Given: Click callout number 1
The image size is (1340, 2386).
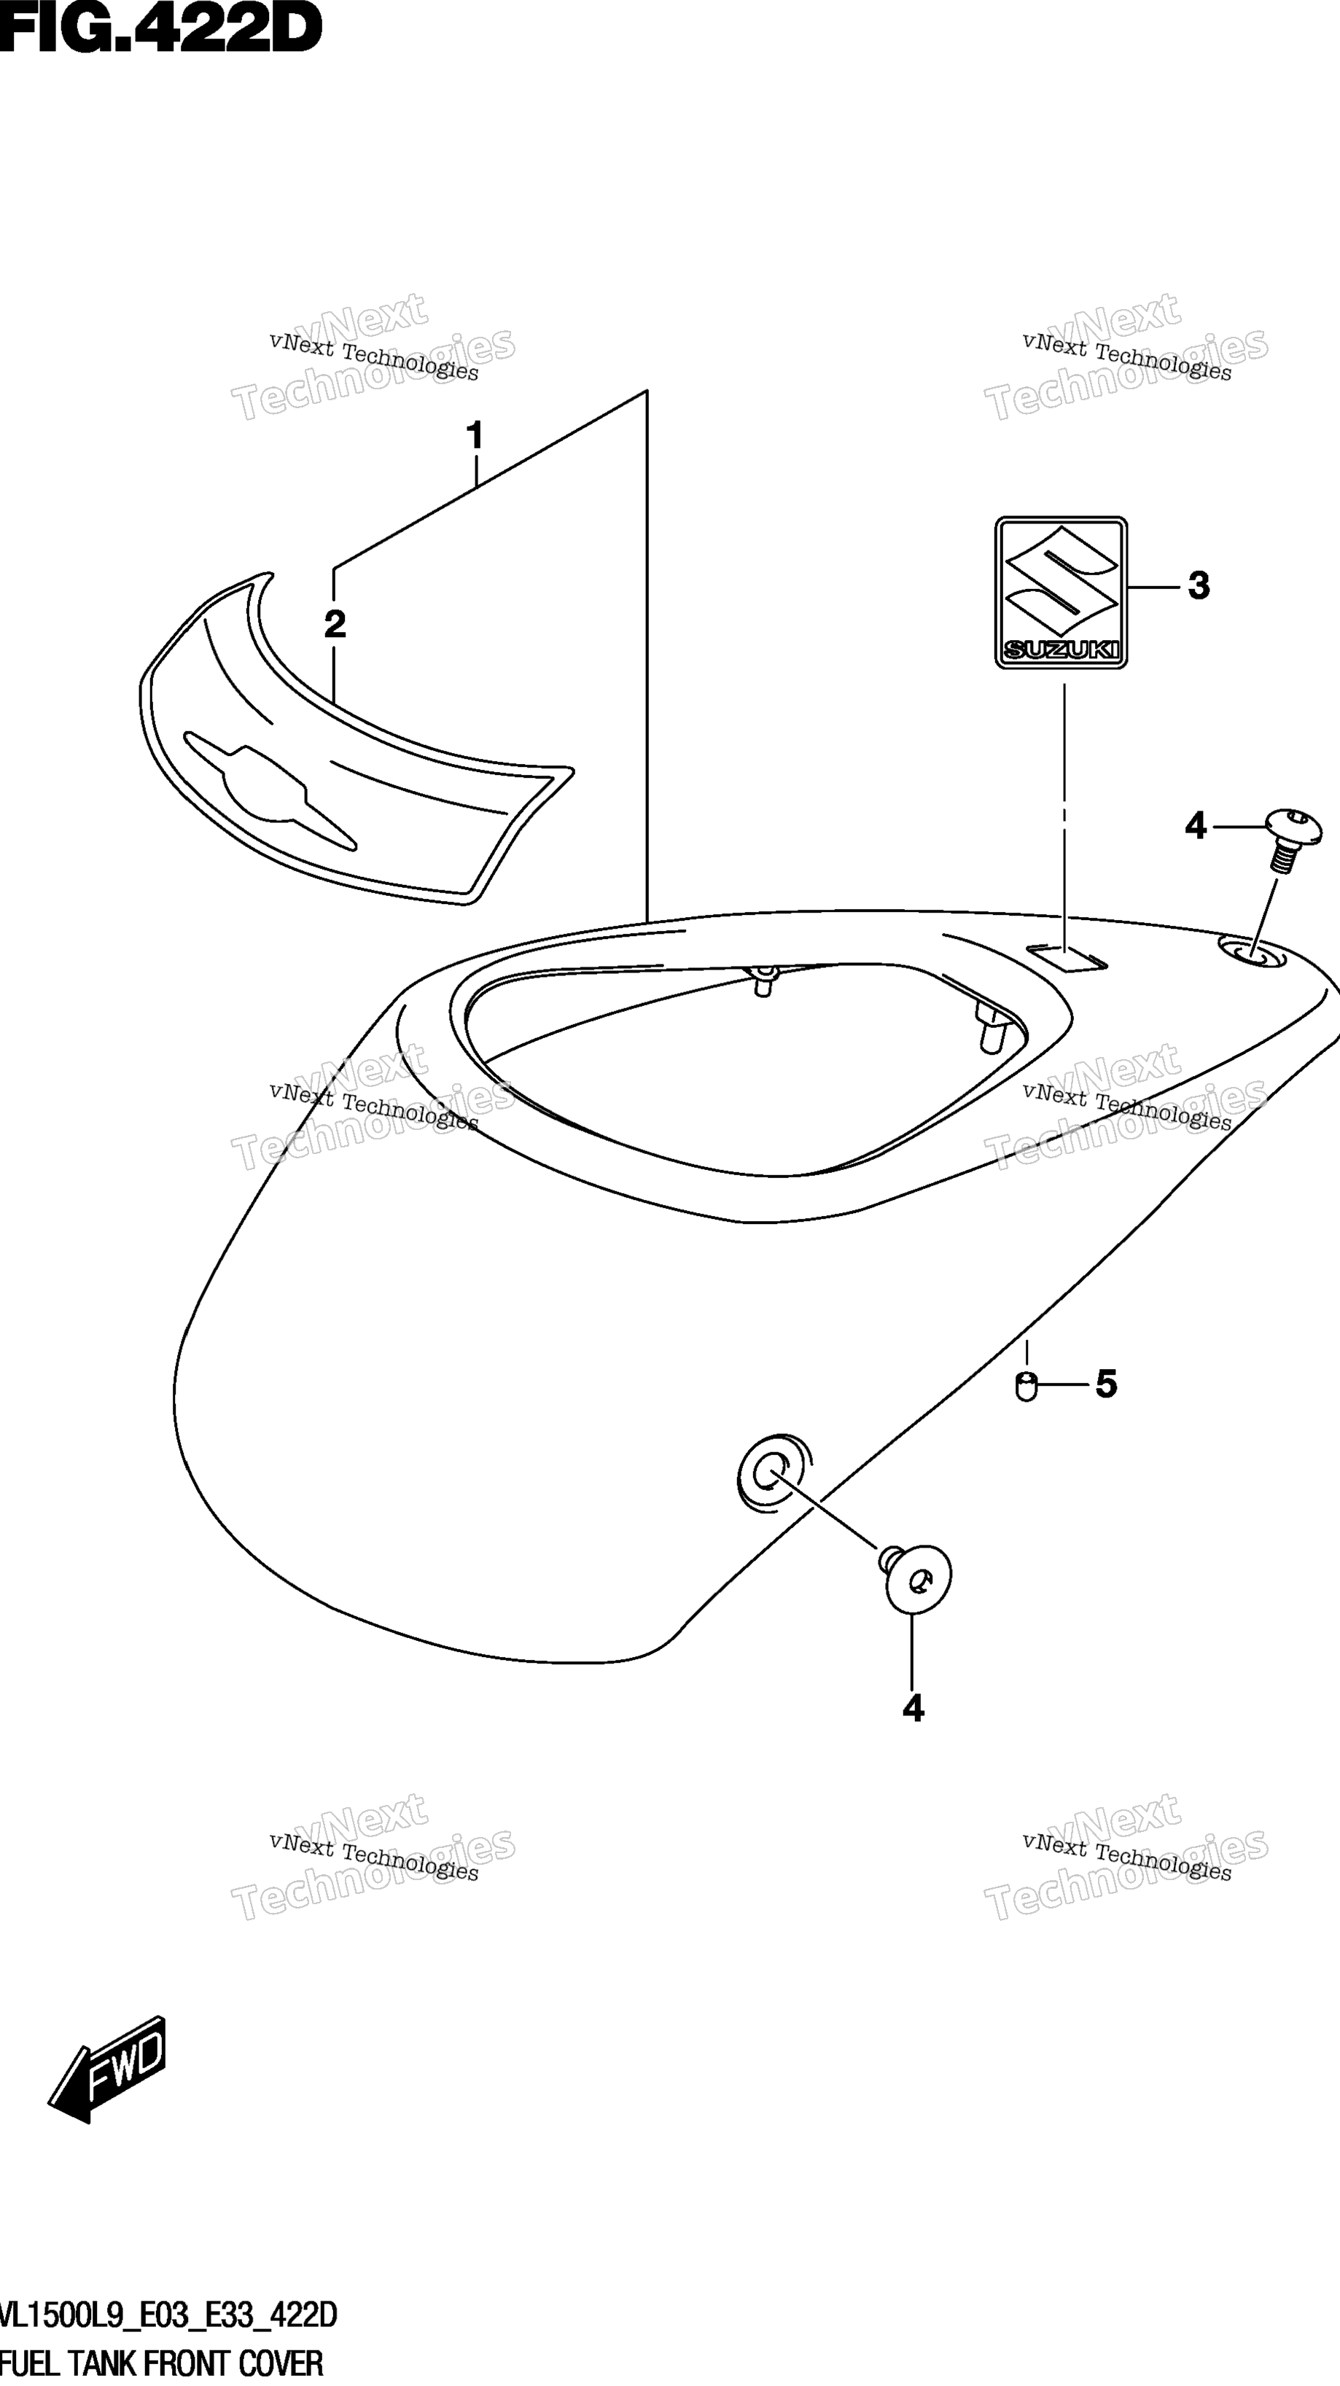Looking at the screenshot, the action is click(475, 434).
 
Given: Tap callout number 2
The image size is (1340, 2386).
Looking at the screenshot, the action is click(335, 624).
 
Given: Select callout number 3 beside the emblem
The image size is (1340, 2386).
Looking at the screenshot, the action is click(1199, 585).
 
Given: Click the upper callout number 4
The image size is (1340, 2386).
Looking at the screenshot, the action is click(1196, 825).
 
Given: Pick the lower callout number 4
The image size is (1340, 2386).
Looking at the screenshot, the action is click(913, 1708).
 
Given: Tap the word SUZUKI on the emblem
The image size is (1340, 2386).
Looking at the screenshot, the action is click(1062, 650).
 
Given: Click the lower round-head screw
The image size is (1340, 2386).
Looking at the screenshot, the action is click(915, 1581).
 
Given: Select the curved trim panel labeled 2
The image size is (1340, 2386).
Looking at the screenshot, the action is click(357, 741).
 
